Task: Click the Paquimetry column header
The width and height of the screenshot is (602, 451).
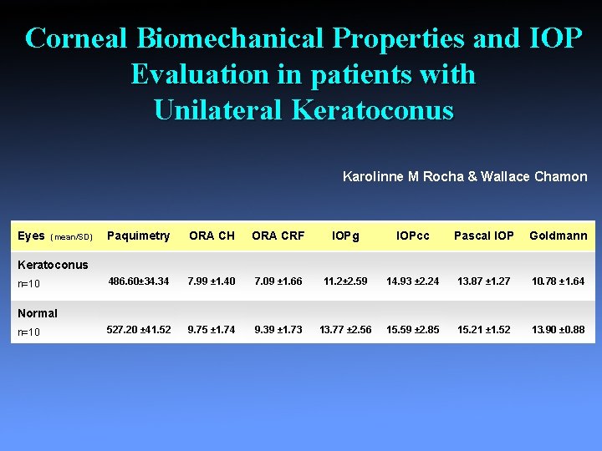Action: (139, 236)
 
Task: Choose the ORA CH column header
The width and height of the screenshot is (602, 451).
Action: (212, 236)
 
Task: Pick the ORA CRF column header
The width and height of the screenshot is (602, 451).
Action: (278, 236)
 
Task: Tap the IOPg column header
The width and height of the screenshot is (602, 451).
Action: (345, 236)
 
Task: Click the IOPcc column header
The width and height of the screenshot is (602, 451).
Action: (412, 236)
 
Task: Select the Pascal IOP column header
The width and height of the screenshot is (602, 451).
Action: (483, 236)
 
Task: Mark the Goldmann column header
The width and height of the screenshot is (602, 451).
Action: (558, 236)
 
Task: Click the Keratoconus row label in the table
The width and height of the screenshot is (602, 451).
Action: (53, 265)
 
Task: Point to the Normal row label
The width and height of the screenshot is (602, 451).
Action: (38, 313)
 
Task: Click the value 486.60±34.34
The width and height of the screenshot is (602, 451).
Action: (138, 281)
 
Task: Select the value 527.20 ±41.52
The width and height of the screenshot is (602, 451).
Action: (139, 330)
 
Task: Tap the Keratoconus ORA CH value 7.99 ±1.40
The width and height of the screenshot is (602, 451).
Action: (212, 281)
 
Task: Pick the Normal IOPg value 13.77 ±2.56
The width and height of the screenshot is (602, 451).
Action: (345, 330)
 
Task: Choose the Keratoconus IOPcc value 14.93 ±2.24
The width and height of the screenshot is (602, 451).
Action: (412, 281)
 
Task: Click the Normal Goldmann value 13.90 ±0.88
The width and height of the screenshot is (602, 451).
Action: (558, 330)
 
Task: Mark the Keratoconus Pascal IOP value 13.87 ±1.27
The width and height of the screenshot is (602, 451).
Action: (483, 281)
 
